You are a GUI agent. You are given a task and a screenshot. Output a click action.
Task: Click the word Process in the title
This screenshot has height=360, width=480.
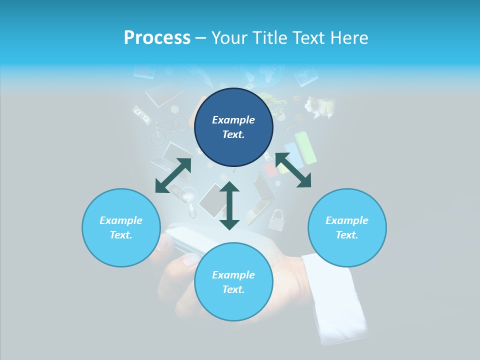click(157, 38)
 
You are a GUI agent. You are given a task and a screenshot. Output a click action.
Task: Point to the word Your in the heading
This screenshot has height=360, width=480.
click(228, 38)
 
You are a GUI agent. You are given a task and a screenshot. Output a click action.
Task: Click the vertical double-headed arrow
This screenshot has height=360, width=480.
click(229, 205)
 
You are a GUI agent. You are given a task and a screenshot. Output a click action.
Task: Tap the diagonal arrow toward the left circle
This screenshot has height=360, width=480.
click(173, 175)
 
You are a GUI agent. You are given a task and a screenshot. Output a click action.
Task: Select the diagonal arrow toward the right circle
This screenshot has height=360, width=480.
click(293, 170)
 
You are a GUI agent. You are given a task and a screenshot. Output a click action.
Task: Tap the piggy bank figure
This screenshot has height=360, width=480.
click(319, 107)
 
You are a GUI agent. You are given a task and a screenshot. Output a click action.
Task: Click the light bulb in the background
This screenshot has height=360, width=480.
click(188, 196)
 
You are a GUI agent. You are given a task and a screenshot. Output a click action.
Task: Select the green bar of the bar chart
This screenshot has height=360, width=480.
click(306, 147)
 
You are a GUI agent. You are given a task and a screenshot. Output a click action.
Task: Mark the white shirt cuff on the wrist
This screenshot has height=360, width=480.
click(334, 295)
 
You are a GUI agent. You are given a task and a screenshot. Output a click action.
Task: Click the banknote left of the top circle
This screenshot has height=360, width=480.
click(142, 115)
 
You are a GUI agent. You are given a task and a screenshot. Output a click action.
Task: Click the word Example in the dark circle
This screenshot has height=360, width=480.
click(233, 120)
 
